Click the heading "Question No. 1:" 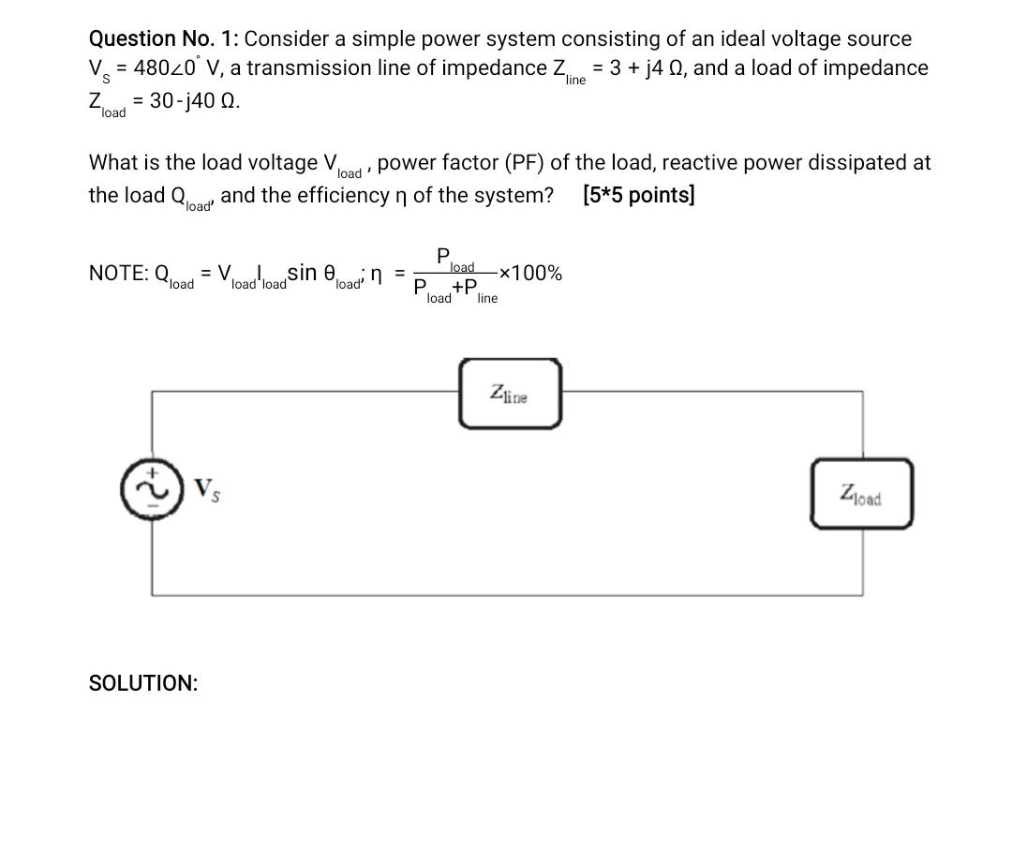[x=163, y=38]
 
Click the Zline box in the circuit [x=510, y=394]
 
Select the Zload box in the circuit [x=861, y=493]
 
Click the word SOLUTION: [x=142, y=683]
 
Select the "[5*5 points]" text [x=638, y=195]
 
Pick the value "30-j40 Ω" [x=194, y=101]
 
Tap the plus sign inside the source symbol [x=146, y=475]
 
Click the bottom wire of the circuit [x=506, y=594]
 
